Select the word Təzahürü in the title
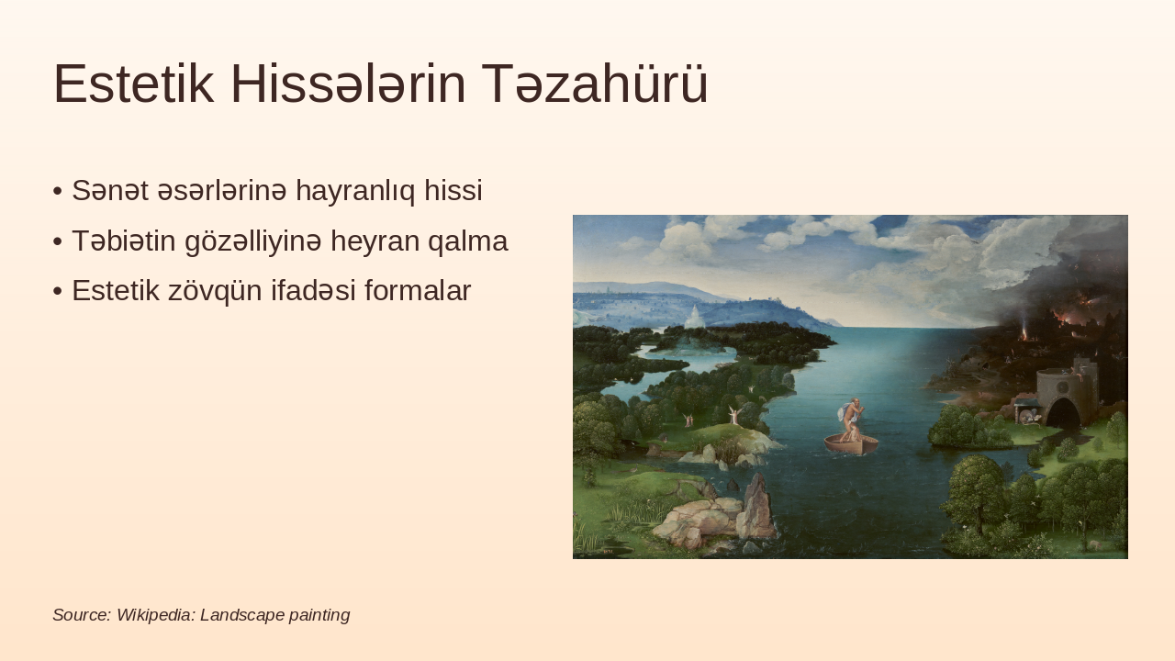click(x=594, y=84)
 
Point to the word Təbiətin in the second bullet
click(x=123, y=241)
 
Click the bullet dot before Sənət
click(x=58, y=191)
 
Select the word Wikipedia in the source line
click(x=155, y=615)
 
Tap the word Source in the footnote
click(x=81, y=615)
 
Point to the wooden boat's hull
click(x=851, y=444)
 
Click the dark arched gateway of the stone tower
click(x=1063, y=413)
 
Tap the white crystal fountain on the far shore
click(x=694, y=317)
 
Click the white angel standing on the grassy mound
click(x=733, y=415)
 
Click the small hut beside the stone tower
click(x=1025, y=414)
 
